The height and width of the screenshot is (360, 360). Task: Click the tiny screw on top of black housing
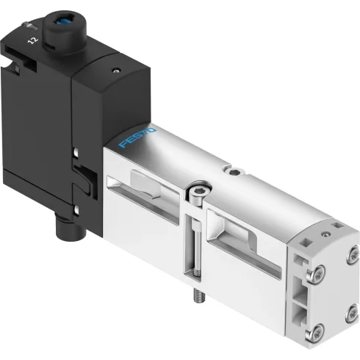point(115,72)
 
